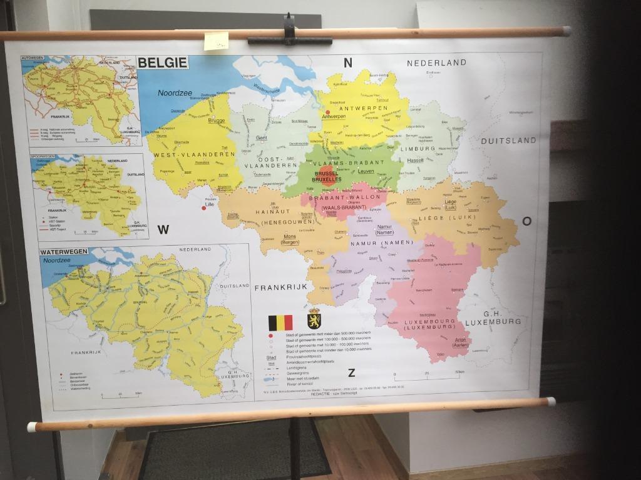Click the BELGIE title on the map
(x=162, y=62)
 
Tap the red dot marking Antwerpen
(x=327, y=112)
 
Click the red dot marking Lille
(x=204, y=208)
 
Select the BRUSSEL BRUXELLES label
(x=326, y=176)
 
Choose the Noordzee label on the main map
(x=175, y=92)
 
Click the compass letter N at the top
(x=348, y=62)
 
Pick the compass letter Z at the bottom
(x=351, y=373)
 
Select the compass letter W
(x=163, y=230)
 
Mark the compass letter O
(x=526, y=221)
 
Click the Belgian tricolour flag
(x=280, y=322)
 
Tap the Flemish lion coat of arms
(x=314, y=319)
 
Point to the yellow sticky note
(x=216, y=41)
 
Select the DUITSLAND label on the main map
(x=508, y=141)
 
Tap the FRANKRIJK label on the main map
(x=280, y=287)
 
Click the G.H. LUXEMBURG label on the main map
(x=493, y=317)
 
